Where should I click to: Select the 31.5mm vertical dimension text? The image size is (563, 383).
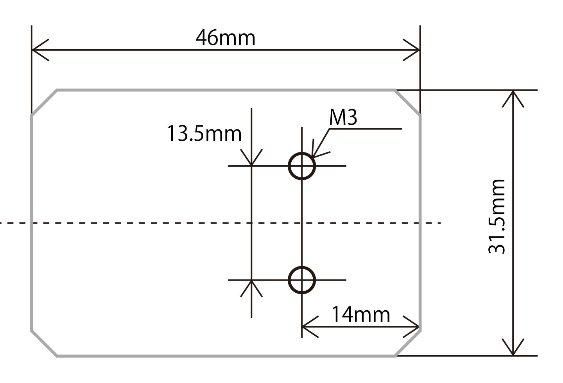coord(497,217)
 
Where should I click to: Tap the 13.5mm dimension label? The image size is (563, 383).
coord(204,133)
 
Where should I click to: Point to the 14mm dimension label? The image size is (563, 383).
coord(360,314)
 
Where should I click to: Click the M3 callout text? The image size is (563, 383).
coord(343,118)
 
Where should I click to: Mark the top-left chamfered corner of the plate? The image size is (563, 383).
coord(44,102)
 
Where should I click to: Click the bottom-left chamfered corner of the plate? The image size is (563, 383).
coord(44,344)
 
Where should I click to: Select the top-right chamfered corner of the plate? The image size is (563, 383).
coord(408,102)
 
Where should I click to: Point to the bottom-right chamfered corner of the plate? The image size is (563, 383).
coord(408,344)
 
